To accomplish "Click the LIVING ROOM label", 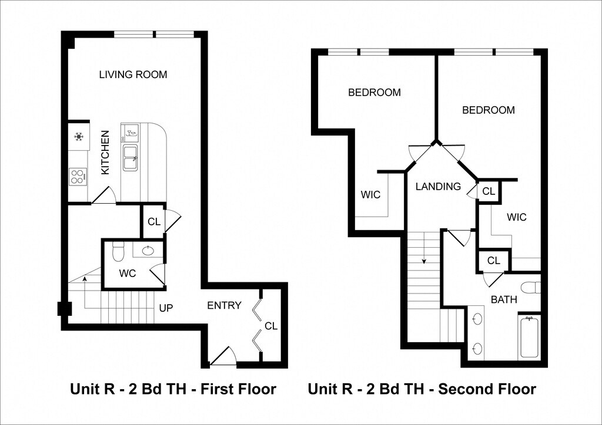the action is (x=133, y=75).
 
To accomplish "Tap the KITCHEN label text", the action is (x=105, y=153).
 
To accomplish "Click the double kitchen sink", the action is (x=131, y=157).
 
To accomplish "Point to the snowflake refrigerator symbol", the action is (x=79, y=136).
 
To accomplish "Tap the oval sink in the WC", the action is (x=148, y=250).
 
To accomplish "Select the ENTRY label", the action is (x=224, y=305).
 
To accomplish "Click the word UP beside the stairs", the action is (x=166, y=308).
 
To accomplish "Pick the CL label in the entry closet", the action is (x=271, y=326).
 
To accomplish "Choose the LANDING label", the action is (x=438, y=187).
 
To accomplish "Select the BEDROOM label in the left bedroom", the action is (x=374, y=92).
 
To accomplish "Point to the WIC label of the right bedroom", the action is (x=516, y=218).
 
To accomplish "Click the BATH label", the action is (x=504, y=299).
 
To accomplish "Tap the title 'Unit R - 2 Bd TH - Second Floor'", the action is (x=422, y=389).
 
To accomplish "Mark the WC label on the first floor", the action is (x=128, y=274).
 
